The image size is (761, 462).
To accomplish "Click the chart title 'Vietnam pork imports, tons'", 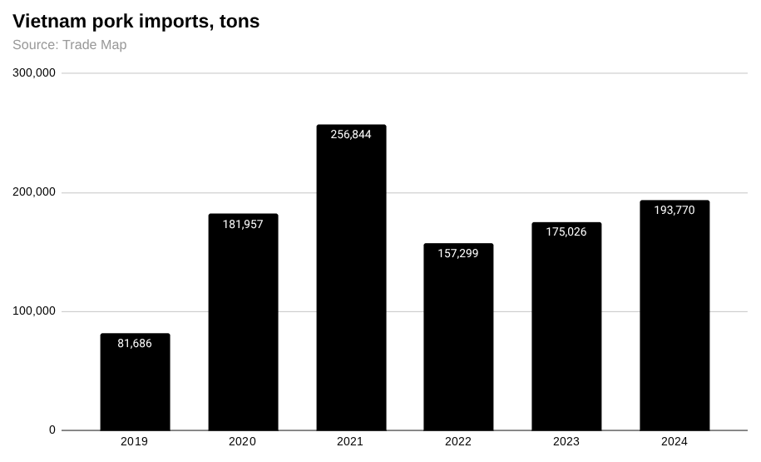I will (x=136, y=22).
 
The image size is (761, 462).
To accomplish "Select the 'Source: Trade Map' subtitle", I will (x=70, y=45).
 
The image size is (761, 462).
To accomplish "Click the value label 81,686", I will (x=135, y=343).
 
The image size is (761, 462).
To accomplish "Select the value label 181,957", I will (x=243, y=224).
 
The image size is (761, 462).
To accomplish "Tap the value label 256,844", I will (x=351, y=134).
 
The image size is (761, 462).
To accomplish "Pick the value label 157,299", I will (x=458, y=253).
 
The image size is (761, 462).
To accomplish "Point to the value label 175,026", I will (x=566, y=231).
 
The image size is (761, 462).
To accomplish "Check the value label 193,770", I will (x=675, y=210).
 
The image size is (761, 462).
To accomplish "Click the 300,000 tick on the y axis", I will (x=34, y=72).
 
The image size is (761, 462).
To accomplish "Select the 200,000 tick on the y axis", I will (x=34, y=192).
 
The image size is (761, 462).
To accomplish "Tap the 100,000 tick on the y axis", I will (x=34, y=311).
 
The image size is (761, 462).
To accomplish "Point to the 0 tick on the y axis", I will (x=52, y=430).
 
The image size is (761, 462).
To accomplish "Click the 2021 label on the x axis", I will (x=350, y=442).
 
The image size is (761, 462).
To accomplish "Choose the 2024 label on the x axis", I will (x=675, y=442).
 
